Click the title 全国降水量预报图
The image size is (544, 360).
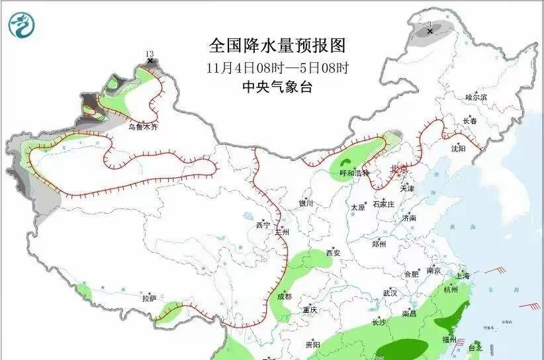coord(277,45)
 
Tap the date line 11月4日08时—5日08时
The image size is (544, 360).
coord(277,67)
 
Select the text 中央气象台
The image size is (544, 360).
coord(277,87)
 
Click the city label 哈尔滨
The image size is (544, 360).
coord(476,97)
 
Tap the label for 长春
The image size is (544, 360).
coord(470,121)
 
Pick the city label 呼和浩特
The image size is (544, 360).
coord(353,173)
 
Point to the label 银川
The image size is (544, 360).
coord(306,204)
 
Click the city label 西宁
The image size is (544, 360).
coord(263,226)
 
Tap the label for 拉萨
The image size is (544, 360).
coord(149,298)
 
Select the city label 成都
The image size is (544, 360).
coord(285,297)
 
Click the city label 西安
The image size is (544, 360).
coord(334,253)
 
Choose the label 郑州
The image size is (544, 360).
coord(379,244)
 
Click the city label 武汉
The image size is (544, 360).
coord(390,292)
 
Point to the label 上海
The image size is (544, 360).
coord(463,276)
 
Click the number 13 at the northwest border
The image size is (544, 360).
coord(150,54)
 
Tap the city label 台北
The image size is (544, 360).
coord(475,347)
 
